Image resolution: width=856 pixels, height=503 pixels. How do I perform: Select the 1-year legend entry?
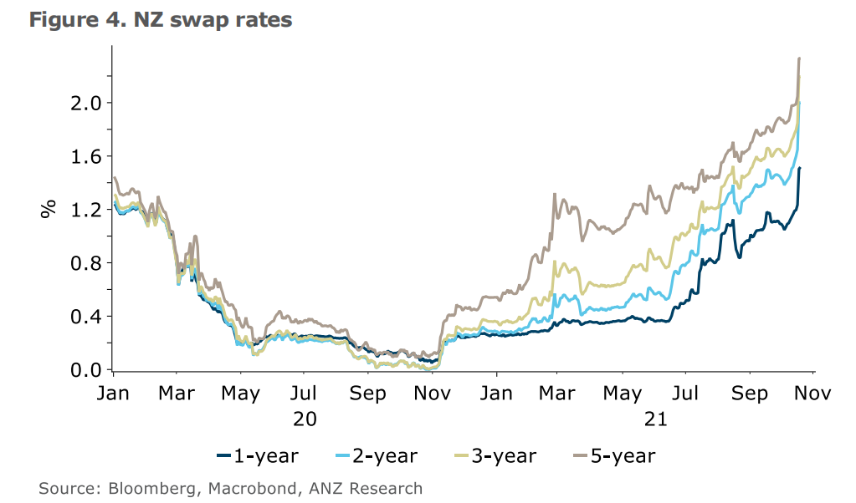click(x=257, y=455)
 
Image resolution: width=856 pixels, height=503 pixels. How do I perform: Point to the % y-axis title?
click(x=47, y=208)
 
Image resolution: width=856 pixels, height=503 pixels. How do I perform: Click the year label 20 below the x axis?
click(x=305, y=419)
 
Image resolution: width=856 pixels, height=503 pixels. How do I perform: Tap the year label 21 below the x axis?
click(x=656, y=419)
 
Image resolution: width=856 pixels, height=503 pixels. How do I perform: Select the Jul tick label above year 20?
click(x=305, y=393)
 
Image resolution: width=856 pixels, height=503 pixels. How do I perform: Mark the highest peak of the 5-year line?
click(x=800, y=58)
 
